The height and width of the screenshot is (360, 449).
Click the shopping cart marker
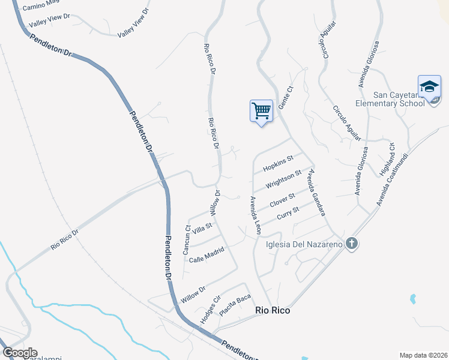(x=261, y=111)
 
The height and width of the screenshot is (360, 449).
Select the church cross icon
(x=352, y=244)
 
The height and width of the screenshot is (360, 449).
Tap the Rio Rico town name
(x=273, y=310)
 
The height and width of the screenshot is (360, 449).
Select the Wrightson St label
(x=283, y=179)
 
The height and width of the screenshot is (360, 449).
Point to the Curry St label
(x=288, y=214)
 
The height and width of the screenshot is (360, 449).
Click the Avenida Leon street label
(x=255, y=214)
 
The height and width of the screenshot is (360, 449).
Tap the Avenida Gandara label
(x=316, y=193)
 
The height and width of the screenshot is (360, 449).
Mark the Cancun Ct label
(x=187, y=238)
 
